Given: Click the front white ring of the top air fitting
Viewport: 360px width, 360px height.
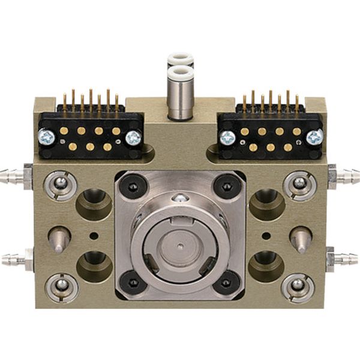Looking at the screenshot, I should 179,74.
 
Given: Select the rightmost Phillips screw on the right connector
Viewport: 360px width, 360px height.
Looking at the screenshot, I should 314,137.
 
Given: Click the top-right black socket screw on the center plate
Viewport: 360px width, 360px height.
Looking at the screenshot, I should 227,187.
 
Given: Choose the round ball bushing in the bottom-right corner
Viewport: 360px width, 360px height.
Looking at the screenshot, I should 298,287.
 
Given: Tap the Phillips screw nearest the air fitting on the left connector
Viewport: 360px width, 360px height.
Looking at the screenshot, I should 133,138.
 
